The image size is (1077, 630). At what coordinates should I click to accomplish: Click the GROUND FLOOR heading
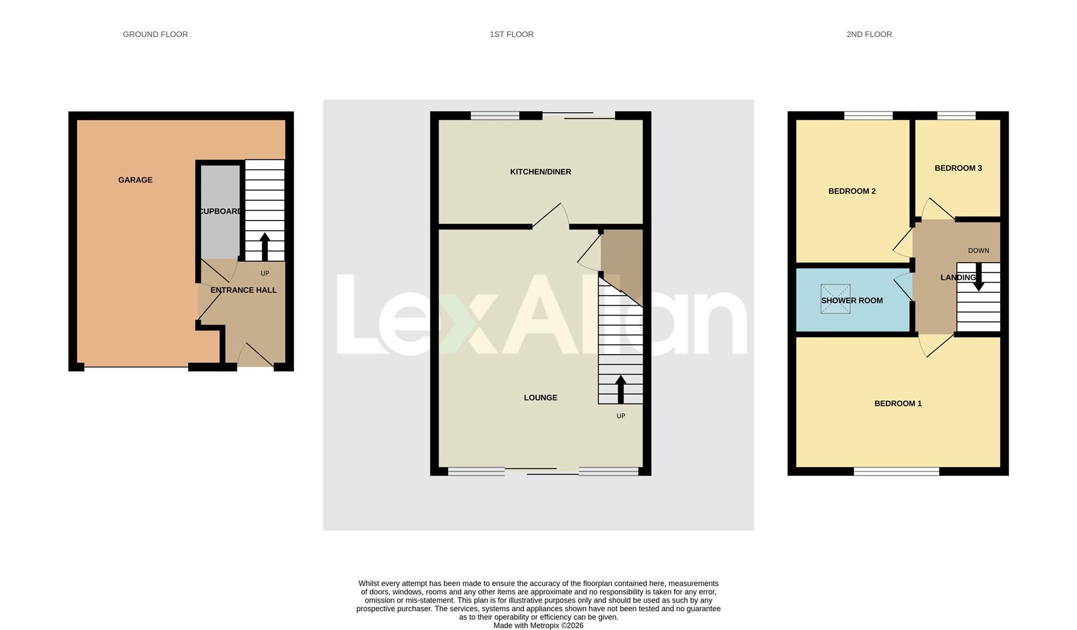[155, 34]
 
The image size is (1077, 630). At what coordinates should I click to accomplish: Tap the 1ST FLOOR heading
[511, 34]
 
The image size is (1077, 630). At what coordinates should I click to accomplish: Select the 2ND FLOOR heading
[869, 34]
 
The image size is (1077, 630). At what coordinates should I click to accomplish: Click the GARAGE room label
[135, 180]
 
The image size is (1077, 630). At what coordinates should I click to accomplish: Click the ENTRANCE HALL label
[243, 290]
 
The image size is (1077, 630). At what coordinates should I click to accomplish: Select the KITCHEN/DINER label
[541, 171]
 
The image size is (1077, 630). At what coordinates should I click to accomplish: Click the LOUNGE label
[541, 397]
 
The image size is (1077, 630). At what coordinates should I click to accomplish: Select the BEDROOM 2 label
[852, 191]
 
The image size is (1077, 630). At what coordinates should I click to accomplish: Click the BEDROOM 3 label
[958, 168]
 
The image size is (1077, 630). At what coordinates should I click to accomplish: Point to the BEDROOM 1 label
[898, 403]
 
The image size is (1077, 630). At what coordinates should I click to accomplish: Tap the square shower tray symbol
[836, 299]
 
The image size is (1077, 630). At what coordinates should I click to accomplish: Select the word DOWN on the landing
[978, 250]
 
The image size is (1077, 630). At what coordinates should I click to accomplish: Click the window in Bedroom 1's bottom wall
[896, 471]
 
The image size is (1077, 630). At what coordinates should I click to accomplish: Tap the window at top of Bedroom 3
[956, 116]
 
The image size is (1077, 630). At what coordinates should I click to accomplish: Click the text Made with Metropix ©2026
[538, 625]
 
